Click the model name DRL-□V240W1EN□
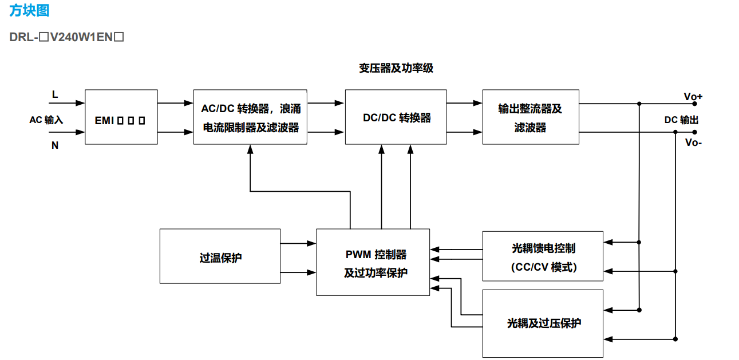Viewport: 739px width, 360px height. pos(67,38)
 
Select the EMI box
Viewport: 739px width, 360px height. pos(121,117)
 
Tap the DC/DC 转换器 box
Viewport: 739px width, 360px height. pos(396,117)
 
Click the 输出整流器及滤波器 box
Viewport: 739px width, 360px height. pos(531,117)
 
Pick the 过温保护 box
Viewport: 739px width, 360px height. pos(220,256)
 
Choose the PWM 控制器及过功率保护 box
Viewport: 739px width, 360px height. pos(373,262)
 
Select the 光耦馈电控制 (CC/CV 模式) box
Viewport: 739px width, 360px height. pos(543,256)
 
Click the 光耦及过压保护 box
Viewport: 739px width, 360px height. pos(543,323)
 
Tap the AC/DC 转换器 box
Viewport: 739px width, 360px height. pos(250,117)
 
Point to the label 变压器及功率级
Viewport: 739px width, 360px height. pos(396,69)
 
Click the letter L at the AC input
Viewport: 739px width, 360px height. pos(55,94)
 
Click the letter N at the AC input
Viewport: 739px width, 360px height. pos(55,145)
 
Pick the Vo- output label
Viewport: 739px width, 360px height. pos(693,143)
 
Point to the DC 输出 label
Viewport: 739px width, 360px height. pos(681,120)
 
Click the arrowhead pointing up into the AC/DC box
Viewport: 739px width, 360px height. pos(250,149)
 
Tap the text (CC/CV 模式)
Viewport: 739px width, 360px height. pos(543,267)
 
